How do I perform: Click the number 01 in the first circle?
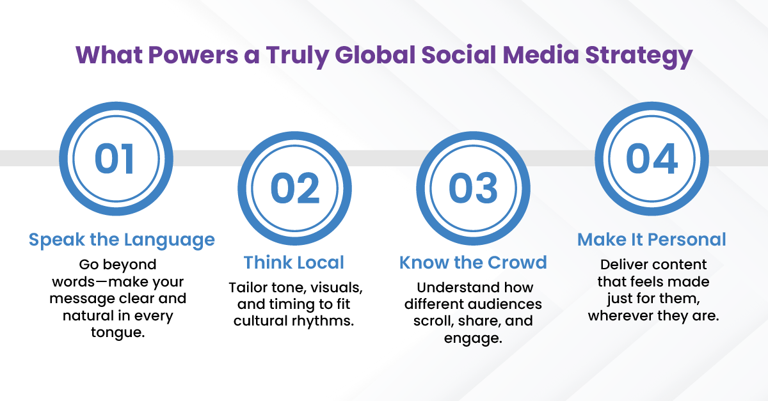tap(114, 159)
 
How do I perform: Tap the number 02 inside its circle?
tap(295, 188)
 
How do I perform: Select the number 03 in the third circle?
tap(473, 188)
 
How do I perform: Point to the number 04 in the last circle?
tap(652, 159)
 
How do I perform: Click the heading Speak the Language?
tap(122, 240)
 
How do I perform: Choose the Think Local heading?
tap(294, 262)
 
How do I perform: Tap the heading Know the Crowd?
tap(473, 262)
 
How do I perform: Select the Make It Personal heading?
tap(652, 239)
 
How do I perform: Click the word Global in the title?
tap(375, 55)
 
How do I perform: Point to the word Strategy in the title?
tap(639, 56)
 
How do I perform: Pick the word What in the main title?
tap(109, 55)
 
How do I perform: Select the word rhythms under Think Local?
tap(323, 321)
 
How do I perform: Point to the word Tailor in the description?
tap(248, 287)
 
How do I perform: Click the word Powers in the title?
tap(193, 55)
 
